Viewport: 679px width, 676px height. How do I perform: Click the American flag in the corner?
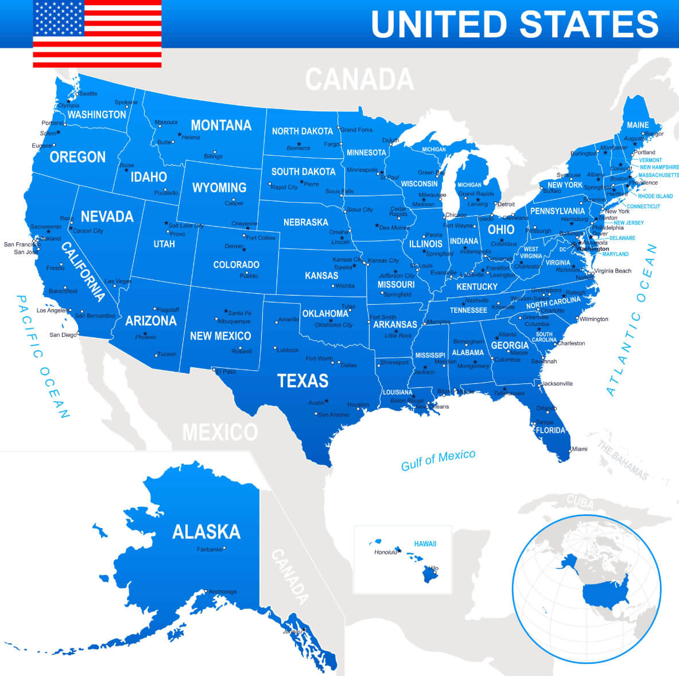97,34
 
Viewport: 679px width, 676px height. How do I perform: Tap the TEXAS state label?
302,380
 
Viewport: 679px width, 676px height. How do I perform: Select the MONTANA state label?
221,125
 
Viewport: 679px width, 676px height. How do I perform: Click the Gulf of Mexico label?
438,459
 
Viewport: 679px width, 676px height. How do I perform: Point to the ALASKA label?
206,531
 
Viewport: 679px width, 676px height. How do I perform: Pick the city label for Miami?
580,449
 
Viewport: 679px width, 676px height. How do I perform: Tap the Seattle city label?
88,94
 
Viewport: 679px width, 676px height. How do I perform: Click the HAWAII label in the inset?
425,543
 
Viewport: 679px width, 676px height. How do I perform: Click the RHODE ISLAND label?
655,196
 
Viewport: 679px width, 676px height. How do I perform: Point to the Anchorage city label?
223,592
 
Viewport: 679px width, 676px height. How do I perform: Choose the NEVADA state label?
107,216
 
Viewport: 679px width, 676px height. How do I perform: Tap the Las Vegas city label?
118,281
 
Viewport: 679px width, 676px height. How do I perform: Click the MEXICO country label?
220,432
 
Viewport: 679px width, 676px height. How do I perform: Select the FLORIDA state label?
550,430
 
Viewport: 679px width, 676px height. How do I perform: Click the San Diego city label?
63,335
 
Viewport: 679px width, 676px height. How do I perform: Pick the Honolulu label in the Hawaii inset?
385,552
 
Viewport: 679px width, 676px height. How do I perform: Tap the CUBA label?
580,500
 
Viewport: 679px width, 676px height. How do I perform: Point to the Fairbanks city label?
209,549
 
